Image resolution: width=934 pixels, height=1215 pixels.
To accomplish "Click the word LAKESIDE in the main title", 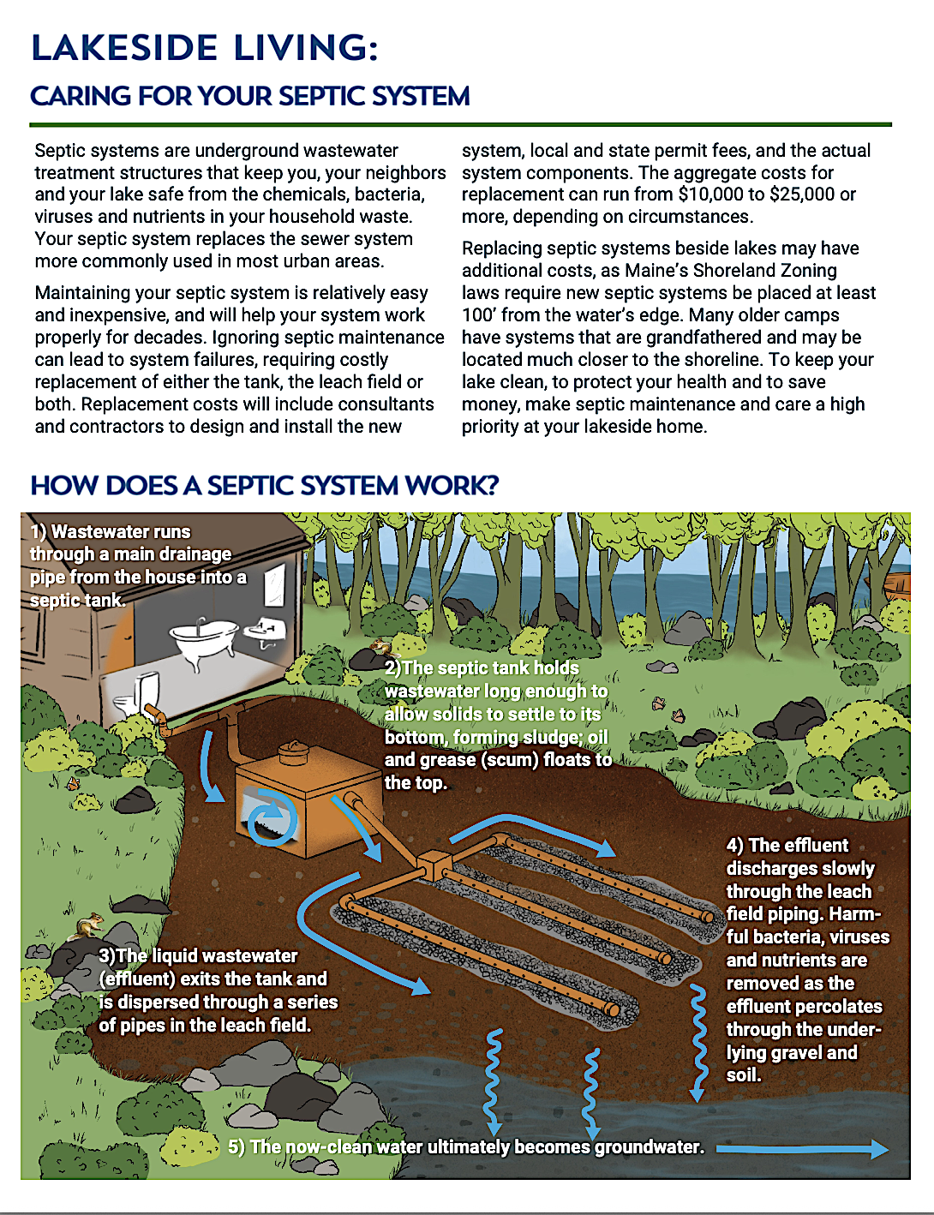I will pyautogui.click(x=124, y=48).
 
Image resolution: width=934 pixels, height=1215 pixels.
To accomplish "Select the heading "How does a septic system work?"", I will pyautogui.click(x=264, y=486).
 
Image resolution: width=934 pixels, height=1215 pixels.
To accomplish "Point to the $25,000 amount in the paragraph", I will pyautogui.click(x=802, y=195).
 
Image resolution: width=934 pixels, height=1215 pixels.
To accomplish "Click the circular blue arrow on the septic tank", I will pyautogui.click(x=272, y=819).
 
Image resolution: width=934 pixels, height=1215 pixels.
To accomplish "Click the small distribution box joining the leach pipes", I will pyautogui.click(x=434, y=865).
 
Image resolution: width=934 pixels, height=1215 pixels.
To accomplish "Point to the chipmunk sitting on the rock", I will pyautogui.click(x=89, y=926).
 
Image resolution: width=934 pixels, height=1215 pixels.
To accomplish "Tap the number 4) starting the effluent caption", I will pyautogui.click(x=735, y=846).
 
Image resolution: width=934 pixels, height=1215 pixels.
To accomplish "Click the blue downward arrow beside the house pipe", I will pyautogui.click(x=209, y=764).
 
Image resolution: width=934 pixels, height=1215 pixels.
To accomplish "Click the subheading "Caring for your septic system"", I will pyautogui.click(x=250, y=96).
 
